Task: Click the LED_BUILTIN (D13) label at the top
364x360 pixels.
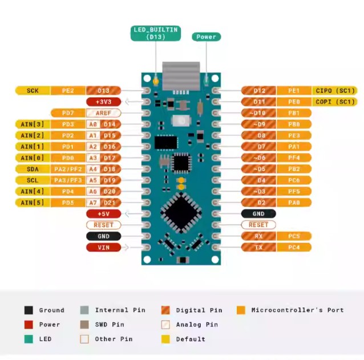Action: point(156,33)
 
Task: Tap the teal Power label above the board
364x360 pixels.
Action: point(206,37)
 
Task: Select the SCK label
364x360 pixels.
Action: point(33,90)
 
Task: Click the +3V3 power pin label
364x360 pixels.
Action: point(103,102)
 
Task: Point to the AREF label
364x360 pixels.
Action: point(103,113)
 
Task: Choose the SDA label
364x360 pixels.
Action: point(33,169)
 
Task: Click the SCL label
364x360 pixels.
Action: point(33,180)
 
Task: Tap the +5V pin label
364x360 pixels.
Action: point(103,213)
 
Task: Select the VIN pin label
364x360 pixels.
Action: point(103,247)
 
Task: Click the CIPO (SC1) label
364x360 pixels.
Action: point(335,90)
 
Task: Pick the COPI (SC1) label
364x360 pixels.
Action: point(335,102)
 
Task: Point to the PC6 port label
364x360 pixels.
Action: point(294,180)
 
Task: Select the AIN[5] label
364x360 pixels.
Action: point(33,203)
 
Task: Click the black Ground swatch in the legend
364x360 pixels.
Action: point(29,310)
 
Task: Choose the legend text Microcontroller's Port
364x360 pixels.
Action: point(297,310)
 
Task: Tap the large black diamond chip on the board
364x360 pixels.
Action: point(181,212)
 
